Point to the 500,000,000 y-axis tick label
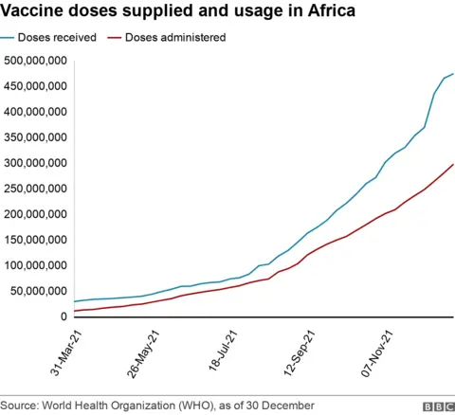point(35,61)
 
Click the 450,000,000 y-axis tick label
point(35,86)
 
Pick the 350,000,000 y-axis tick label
point(35,137)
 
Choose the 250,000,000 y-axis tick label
point(35,189)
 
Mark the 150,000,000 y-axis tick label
point(35,240)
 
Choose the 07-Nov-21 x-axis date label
point(381,352)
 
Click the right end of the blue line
point(453,74)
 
